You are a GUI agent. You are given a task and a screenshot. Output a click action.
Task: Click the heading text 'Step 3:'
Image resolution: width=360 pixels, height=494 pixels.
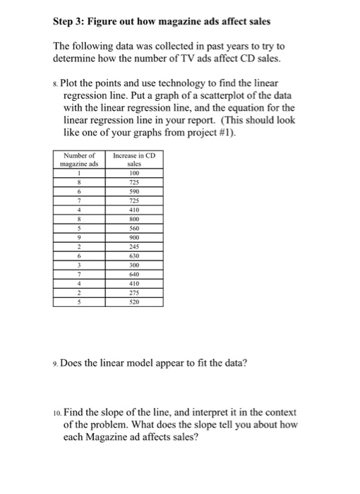coord(73,22)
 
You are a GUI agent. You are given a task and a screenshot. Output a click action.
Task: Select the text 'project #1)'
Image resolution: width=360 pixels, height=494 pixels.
coord(212,133)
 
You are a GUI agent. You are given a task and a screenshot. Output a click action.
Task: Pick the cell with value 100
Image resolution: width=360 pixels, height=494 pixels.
coord(136,172)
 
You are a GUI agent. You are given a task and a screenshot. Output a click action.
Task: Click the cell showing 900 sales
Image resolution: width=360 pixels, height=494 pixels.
coord(136,238)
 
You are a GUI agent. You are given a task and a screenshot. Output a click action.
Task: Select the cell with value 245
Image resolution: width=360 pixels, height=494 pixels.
coord(136,247)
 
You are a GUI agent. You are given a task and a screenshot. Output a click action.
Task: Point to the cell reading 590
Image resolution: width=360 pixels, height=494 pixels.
coord(136,191)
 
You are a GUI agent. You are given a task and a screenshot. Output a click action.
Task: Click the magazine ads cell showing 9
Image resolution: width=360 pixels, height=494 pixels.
coord(80,238)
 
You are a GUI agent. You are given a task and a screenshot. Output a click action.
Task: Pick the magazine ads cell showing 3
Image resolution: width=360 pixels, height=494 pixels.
coord(80,266)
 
